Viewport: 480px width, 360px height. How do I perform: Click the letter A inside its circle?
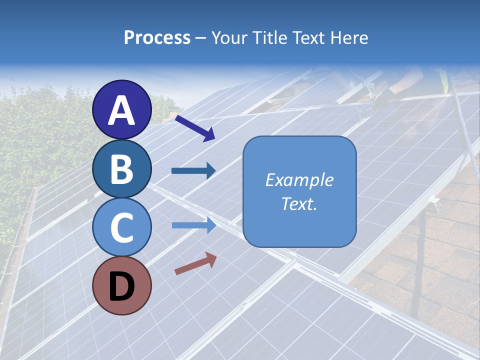122,110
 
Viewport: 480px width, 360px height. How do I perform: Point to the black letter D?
122,286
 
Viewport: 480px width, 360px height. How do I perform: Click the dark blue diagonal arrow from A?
194,127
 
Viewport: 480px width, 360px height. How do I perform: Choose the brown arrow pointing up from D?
195,263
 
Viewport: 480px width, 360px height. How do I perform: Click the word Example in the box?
299,180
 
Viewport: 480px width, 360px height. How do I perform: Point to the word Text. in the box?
299,204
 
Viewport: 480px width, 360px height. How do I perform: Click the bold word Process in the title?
157,37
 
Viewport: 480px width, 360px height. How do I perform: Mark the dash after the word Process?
200,38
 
